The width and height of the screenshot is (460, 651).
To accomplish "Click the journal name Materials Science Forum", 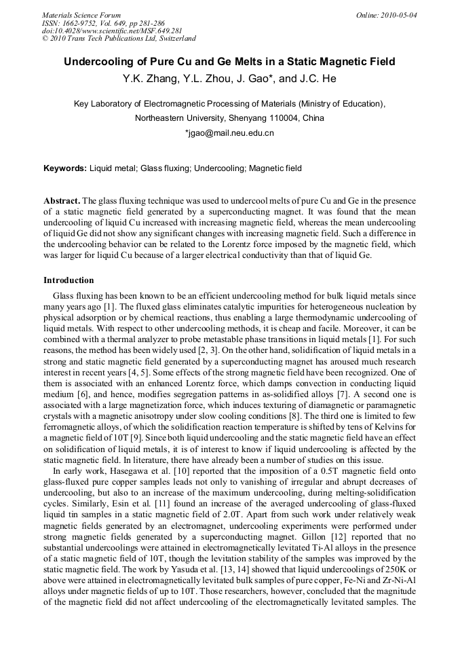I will click(81, 15).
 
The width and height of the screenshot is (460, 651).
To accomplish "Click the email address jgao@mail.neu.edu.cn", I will click(229, 133).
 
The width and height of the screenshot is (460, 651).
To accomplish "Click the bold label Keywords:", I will click(65, 168).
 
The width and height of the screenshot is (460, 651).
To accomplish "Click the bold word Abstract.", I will click(62, 202).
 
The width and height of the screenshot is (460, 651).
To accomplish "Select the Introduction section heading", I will click(69, 280).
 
